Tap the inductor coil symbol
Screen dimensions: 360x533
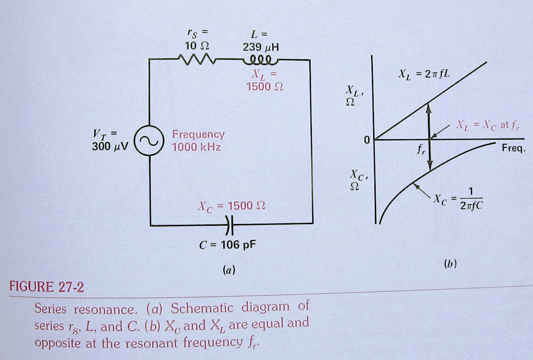261,61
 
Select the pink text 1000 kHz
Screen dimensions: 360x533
196,147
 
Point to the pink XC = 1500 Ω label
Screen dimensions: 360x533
231,206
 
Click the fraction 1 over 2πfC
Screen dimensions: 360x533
471,199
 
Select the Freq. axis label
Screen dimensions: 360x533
514,148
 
